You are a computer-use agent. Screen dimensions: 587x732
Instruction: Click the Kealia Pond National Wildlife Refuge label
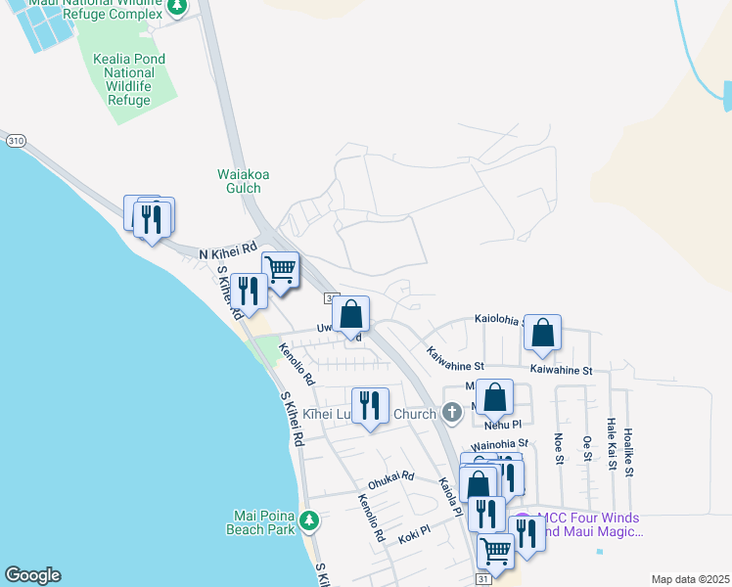point(130,79)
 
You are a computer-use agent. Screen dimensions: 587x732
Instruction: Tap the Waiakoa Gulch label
point(239,181)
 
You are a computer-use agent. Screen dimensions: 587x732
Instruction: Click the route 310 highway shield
point(15,141)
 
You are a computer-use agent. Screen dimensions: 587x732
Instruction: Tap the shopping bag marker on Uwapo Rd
point(351,315)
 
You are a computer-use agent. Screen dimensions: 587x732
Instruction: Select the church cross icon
point(451,412)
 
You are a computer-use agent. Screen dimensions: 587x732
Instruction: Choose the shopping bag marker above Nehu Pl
point(495,398)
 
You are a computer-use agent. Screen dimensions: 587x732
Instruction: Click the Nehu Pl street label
point(503,425)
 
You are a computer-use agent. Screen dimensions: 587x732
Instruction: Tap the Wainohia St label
point(499,443)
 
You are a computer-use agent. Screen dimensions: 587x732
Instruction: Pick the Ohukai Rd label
point(390,480)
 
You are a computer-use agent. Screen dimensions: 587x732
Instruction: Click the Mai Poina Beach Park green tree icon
point(309,519)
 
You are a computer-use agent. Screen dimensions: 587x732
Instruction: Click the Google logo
point(32,575)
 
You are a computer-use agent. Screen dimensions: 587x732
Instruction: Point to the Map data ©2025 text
point(690,579)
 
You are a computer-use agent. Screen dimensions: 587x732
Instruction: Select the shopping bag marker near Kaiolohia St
point(542,332)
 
